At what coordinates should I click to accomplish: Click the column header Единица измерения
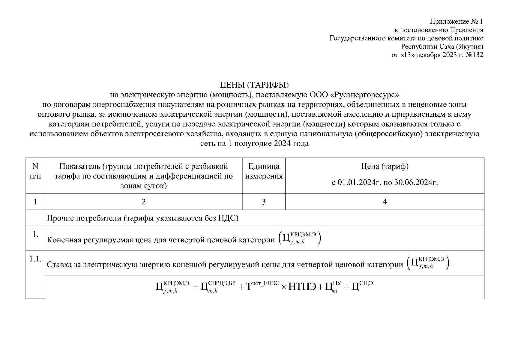[x=264, y=171]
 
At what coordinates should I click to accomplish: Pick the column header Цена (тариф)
[x=385, y=166]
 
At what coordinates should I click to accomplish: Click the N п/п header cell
[x=35, y=171]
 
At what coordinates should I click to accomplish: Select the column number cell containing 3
[x=264, y=202]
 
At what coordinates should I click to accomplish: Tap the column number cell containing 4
[x=385, y=202]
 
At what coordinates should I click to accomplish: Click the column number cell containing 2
[x=143, y=202]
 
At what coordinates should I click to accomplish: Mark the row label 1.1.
[x=35, y=259]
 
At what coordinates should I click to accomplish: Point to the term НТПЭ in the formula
[x=302, y=287]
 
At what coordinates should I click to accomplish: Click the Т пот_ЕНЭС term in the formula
[x=262, y=286]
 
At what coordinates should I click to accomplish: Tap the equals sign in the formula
[x=196, y=287]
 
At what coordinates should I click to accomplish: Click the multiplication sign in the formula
[x=284, y=287]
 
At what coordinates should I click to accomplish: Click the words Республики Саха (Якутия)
[x=442, y=46]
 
